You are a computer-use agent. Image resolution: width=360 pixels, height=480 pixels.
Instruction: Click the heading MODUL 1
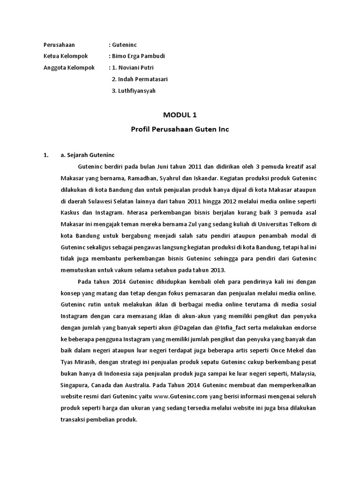click(180, 115)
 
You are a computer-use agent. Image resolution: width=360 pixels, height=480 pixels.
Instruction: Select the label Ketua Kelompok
click(66, 56)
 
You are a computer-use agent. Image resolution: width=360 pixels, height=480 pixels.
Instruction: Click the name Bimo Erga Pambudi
click(138, 56)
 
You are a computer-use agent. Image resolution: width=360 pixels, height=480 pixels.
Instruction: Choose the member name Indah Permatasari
click(144, 79)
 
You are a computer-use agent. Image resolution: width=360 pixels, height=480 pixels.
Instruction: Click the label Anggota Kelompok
click(69, 67)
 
